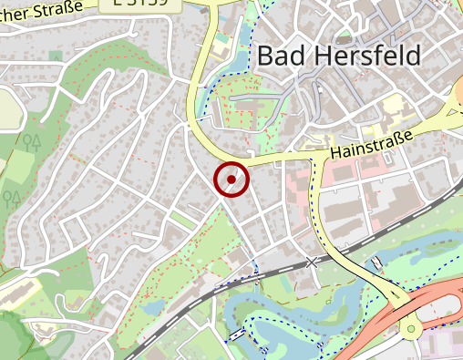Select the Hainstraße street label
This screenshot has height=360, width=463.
372,141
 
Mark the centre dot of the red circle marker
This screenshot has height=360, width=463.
231,180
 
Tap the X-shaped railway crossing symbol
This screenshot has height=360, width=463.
314,262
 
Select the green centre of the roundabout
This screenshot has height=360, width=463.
411,328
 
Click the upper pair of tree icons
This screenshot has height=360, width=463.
33,140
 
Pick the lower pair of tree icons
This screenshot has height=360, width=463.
13,196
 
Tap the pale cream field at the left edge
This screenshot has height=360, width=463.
9,109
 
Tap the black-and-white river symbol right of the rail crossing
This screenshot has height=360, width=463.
376,263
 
